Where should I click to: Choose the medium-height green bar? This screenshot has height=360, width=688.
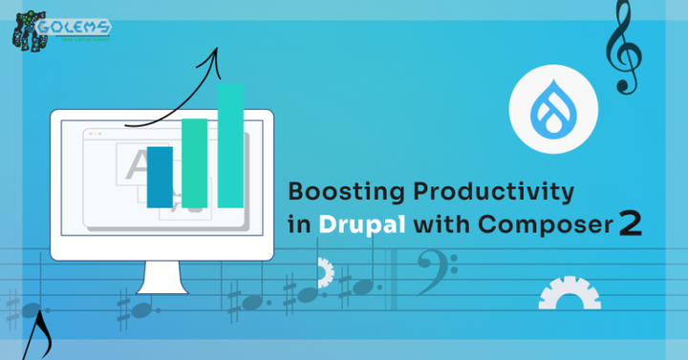click(x=195, y=162)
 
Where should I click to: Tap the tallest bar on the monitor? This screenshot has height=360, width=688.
click(x=230, y=145)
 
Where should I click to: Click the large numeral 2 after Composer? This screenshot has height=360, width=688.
click(x=630, y=223)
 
